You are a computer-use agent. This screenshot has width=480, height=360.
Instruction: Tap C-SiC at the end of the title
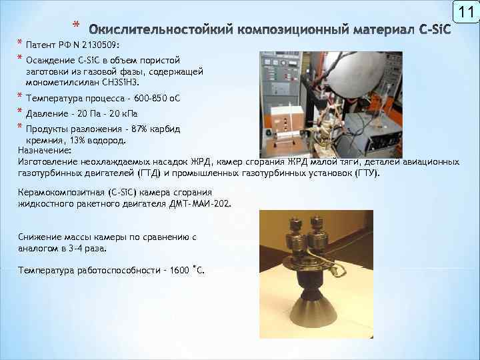(x=434, y=30)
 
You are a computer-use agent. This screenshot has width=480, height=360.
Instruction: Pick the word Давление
(x=44, y=113)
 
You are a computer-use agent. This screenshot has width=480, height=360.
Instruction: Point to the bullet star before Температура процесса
(x=19, y=98)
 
